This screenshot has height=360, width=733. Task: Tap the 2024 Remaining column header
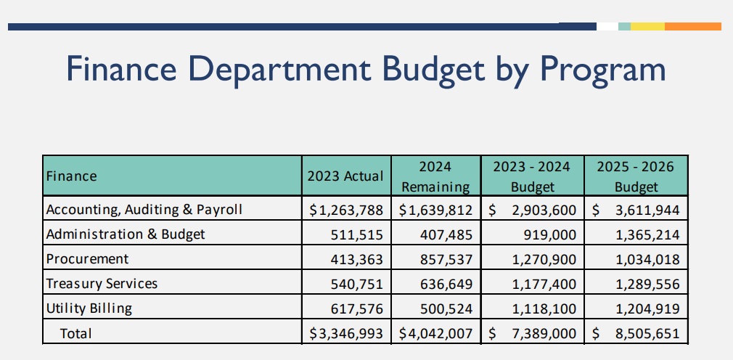click(435, 176)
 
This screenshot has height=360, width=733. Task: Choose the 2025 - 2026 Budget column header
click(636, 176)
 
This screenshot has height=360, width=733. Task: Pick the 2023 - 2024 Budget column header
click(533, 176)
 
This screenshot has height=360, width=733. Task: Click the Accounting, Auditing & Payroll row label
click(144, 210)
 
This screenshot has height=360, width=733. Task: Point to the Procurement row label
click(87, 259)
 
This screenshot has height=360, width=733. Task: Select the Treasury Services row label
click(102, 284)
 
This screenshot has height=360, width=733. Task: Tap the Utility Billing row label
click(89, 308)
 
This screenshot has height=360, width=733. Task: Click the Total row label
click(76, 333)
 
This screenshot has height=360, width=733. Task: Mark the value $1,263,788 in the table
click(346, 210)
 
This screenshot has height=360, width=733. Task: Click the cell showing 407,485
click(445, 234)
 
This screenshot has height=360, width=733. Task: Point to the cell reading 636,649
click(445, 284)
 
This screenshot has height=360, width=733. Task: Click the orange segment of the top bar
click(692, 26)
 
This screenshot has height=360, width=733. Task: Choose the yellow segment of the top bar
click(647, 26)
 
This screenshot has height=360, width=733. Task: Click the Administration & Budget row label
click(126, 234)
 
